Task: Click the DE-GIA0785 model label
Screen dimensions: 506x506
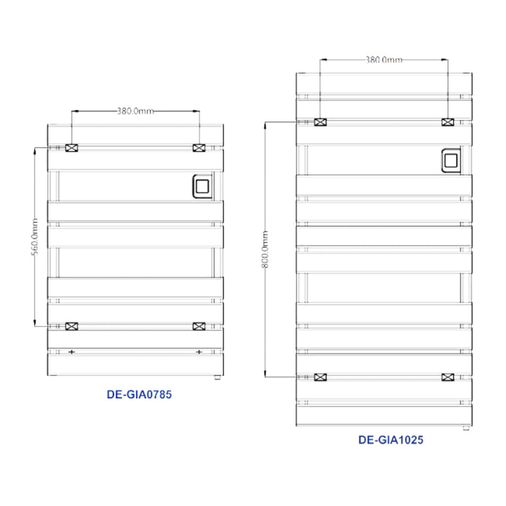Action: (x=137, y=395)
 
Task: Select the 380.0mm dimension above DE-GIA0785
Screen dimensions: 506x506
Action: (x=135, y=111)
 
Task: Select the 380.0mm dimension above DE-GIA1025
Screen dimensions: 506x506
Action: (x=383, y=59)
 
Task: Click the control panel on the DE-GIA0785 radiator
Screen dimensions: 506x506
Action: (x=201, y=187)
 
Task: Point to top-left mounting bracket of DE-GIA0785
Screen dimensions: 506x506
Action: (x=72, y=147)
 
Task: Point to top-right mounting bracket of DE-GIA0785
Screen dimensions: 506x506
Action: (x=198, y=147)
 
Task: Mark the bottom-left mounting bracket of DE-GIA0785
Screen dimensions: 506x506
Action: (x=72, y=326)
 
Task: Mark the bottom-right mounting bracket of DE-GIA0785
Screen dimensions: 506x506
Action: (x=198, y=326)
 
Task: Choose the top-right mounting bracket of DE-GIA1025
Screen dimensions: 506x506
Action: (x=448, y=122)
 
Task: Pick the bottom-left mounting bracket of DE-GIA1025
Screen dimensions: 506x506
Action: (x=320, y=377)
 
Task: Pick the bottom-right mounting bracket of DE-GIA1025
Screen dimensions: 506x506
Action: (x=448, y=377)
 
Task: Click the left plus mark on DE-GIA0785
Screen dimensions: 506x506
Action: (x=72, y=351)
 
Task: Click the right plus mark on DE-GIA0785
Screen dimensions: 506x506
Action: (x=198, y=351)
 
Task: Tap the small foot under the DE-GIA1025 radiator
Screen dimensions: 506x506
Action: (x=466, y=426)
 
